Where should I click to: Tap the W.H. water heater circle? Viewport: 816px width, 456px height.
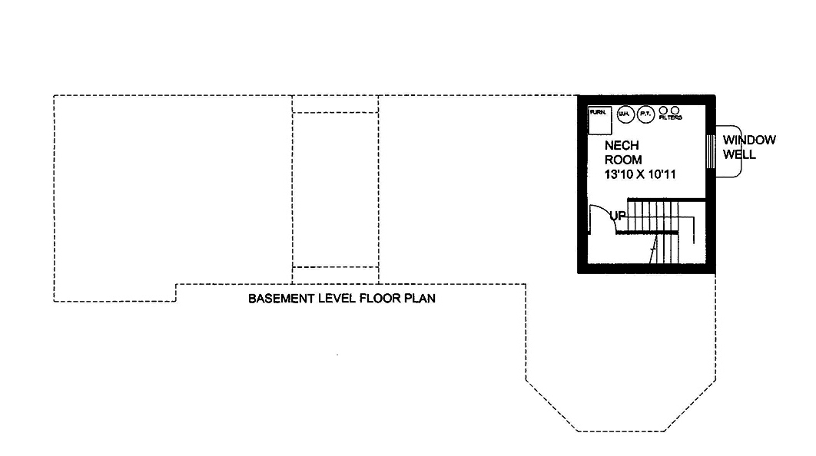click(x=624, y=114)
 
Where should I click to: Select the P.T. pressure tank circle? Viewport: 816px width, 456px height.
click(x=645, y=114)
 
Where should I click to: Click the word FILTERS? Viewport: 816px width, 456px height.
click(x=670, y=118)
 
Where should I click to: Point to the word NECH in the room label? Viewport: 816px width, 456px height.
click(x=622, y=145)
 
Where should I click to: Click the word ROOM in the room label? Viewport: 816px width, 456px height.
click(x=623, y=160)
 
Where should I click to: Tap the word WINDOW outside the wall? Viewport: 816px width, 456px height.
click(x=749, y=140)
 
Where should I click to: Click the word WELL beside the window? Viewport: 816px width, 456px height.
click(x=738, y=154)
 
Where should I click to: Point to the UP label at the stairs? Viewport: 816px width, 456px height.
click(x=618, y=216)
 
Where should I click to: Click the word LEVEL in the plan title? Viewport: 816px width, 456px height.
click(x=337, y=298)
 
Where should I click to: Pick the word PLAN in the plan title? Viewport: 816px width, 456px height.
click(x=420, y=298)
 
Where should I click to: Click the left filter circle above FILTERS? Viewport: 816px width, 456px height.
click(x=663, y=110)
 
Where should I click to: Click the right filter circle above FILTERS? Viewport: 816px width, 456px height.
click(x=675, y=110)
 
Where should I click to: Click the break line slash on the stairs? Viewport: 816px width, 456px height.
click(x=654, y=246)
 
